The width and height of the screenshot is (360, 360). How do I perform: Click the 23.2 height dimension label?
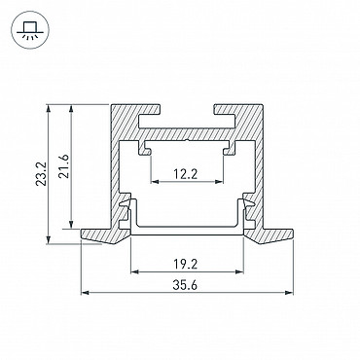click(41, 174)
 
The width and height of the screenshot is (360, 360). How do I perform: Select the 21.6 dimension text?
click(64, 166)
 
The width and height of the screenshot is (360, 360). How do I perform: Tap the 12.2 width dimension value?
click(185, 175)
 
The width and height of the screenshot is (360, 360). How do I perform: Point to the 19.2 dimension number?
click(185, 265)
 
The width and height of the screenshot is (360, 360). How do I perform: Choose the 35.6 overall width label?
click(185, 286)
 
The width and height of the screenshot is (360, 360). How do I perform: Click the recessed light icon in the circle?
click(29, 30)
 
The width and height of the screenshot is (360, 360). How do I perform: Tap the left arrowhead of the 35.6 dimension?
click(85, 293)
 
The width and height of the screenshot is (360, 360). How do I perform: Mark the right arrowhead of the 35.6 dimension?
click(289, 293)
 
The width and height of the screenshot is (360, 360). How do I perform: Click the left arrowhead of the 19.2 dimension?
click(134, 271)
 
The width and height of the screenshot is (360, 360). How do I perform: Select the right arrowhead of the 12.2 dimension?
click(220, 182)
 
